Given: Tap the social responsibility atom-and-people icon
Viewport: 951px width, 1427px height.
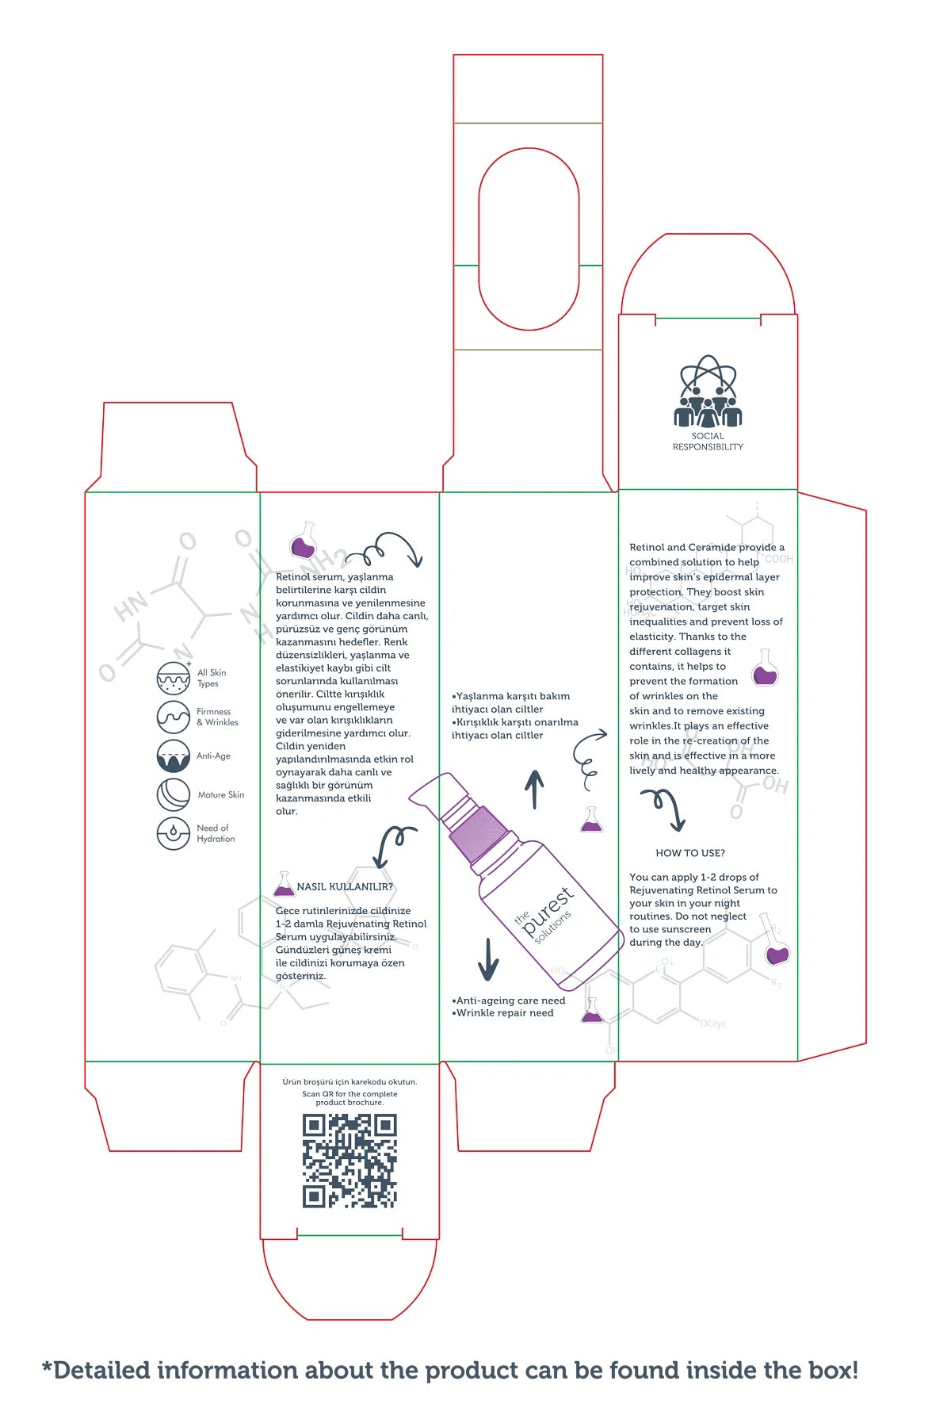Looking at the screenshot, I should (708, 392).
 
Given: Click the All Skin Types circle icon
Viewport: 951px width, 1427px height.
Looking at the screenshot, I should (173, 679).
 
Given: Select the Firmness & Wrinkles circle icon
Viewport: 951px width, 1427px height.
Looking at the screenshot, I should (173, 717).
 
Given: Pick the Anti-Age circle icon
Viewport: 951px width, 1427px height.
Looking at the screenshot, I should (173, 756).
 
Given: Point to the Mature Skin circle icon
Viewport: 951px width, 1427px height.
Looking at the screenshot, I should (173, 794).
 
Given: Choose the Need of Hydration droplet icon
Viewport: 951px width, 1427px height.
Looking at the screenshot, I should (173, 833).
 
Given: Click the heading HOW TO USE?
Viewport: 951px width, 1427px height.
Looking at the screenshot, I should (690, 853).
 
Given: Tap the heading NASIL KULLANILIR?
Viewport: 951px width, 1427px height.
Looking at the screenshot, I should (345, 886).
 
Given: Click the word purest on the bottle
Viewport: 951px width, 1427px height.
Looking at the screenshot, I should (548, 912).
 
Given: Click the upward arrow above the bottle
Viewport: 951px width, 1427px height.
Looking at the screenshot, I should (535, 789).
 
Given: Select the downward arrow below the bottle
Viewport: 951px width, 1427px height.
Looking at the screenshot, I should (488, 959).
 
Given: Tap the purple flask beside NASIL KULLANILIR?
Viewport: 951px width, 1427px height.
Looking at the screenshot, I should (284, 885).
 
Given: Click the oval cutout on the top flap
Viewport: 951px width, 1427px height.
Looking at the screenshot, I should (529, 239).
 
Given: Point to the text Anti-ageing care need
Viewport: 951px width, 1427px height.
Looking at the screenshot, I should (510, 1000).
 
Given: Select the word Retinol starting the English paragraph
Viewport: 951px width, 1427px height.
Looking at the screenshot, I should (647, 547).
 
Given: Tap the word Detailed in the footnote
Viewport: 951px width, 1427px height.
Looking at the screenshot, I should (101, 1370).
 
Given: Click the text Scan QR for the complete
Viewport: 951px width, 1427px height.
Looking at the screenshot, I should (349, 1094).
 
